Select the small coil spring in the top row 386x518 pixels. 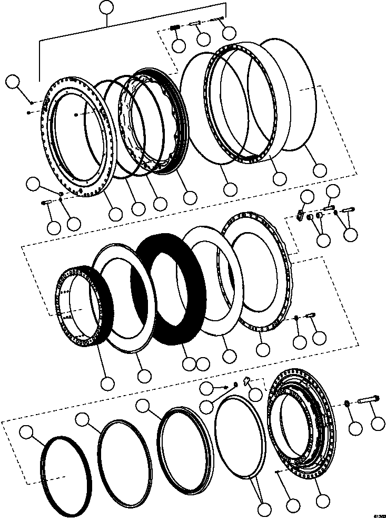[175, 28]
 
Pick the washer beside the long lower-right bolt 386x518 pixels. [347, 404]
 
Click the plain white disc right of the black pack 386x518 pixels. [210, 280]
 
